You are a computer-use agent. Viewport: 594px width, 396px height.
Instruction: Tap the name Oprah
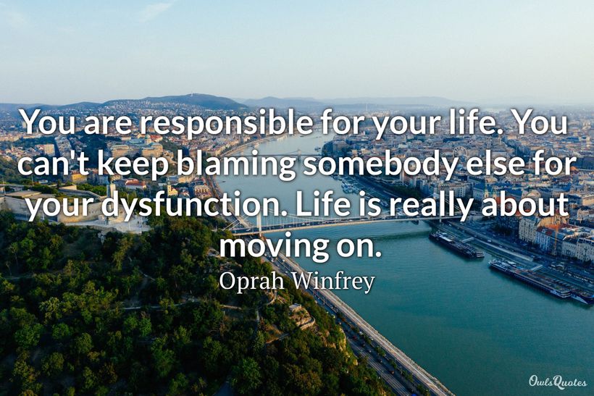[x=250, y=282]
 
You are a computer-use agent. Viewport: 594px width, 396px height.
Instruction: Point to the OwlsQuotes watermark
[x=557, y=382]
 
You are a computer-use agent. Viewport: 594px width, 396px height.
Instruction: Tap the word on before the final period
[x=358, y=248]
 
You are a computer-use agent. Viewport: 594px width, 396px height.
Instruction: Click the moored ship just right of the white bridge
[x=456, y=245]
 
